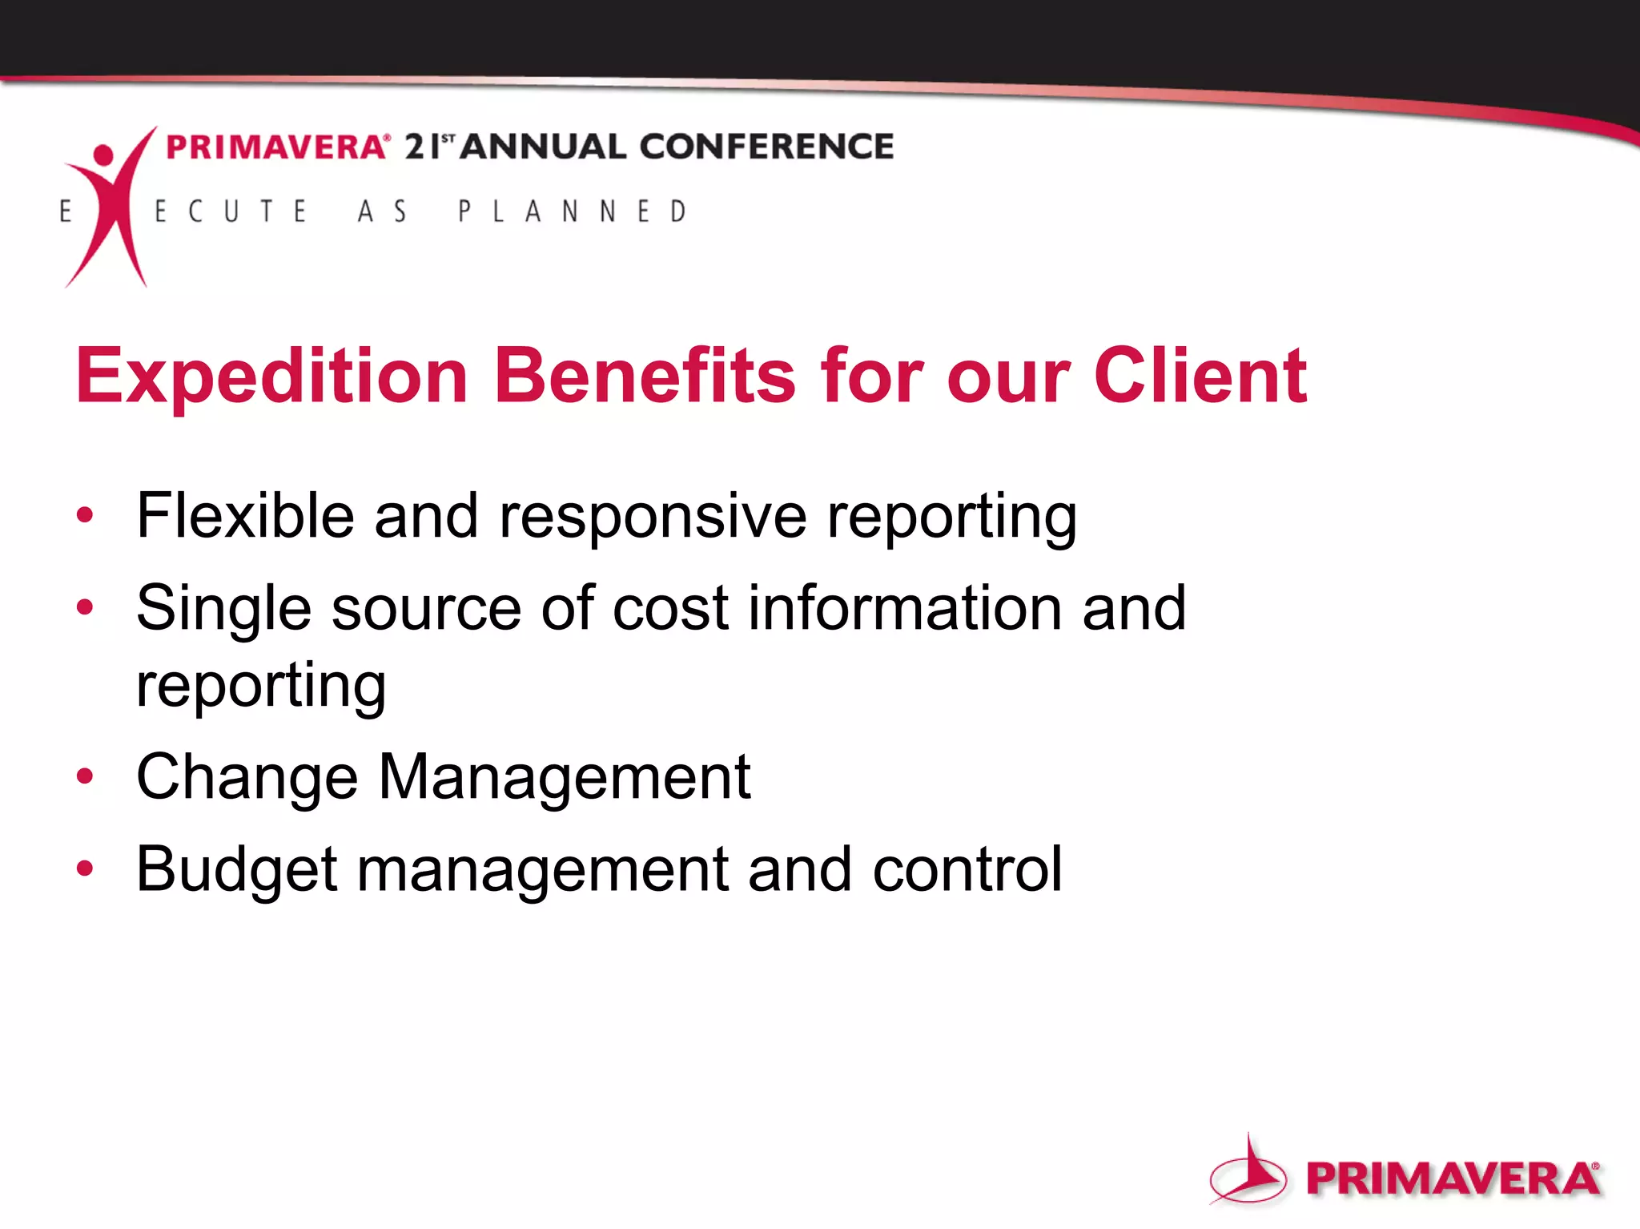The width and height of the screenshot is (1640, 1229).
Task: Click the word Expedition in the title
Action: point(272,377)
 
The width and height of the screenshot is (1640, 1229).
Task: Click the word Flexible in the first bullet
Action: point(245,516)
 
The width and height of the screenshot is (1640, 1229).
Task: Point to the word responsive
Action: point(653,518)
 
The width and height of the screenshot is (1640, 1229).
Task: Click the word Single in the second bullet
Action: point(223,609)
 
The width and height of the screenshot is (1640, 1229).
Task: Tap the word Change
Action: point(247,777)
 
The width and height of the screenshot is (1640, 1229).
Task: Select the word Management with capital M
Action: point(564,777)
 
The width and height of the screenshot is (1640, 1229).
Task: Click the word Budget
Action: point(237,870)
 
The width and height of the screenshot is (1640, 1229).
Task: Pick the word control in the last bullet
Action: point(967,868)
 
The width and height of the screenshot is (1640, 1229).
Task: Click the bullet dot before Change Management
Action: point(85,776)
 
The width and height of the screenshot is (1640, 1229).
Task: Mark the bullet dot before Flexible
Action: point(85,514)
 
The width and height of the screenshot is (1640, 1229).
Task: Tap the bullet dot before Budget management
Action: point(85,868)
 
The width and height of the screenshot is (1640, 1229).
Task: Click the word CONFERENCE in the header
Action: point(766,147)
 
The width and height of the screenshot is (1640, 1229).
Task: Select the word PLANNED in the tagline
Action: point(572,212)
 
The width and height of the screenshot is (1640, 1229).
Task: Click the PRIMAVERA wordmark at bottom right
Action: point(1453,1179)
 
